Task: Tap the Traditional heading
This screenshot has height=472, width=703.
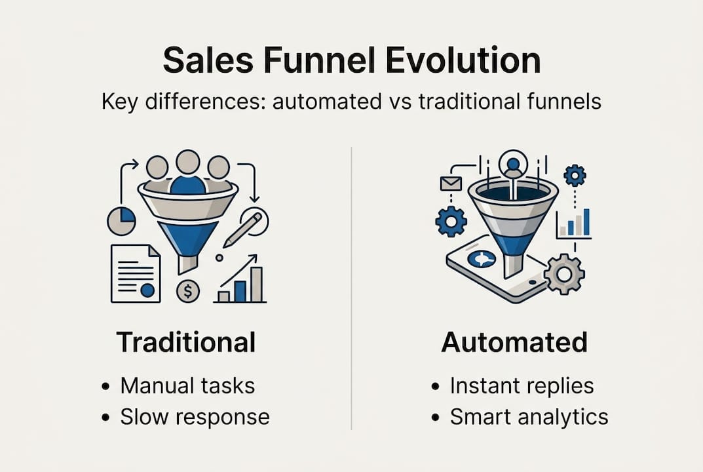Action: point(186,342)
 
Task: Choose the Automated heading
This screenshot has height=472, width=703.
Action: point(514,342)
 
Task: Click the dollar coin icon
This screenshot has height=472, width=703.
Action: point(188,290)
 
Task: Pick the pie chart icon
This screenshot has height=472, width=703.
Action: point(122,221)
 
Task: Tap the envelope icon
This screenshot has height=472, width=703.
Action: point(451,184)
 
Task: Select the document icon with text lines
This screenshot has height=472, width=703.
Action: point(135,273)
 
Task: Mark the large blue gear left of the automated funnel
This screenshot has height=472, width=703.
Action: point(451,221)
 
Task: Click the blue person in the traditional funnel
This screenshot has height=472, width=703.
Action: point(188,177)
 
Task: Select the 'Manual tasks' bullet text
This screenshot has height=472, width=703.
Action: point(187,385)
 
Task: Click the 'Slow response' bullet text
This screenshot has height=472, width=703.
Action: point(195,416)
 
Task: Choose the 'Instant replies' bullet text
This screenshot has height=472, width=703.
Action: point(522,385)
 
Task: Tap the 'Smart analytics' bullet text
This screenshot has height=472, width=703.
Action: point(529,416)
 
